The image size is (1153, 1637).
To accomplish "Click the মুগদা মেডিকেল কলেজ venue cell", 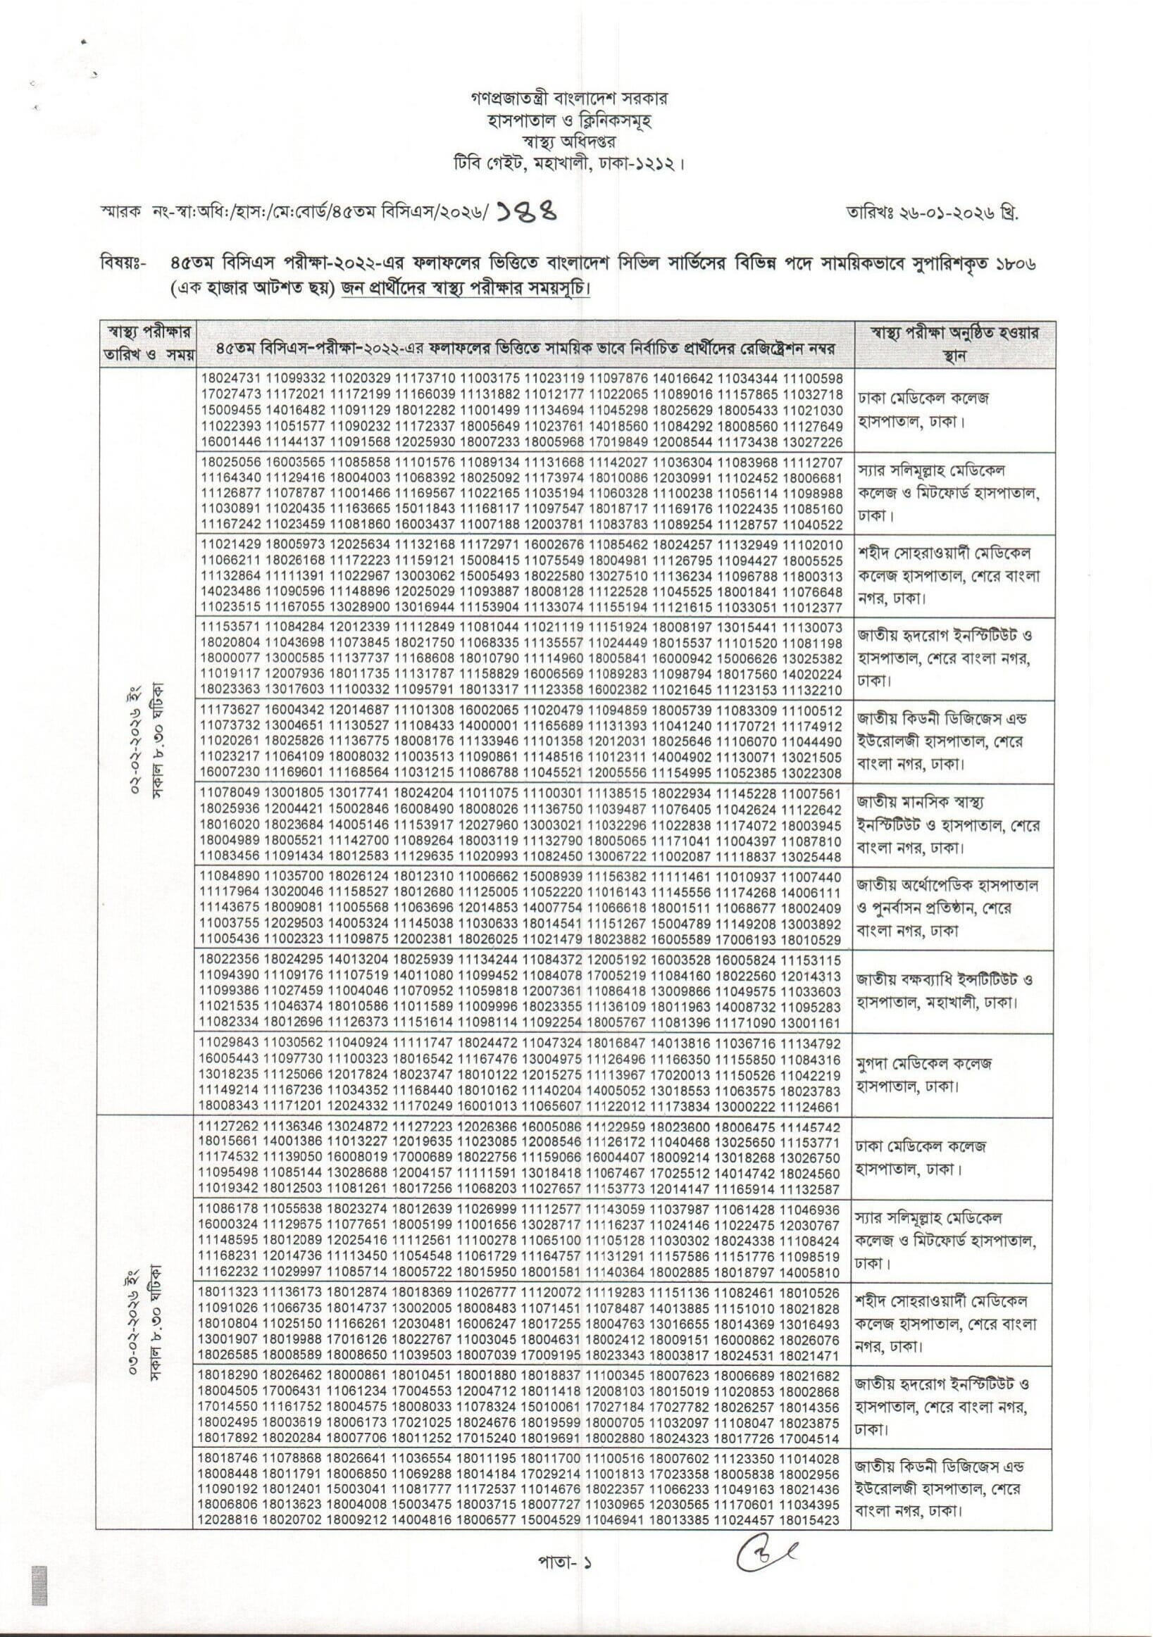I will (924, 1074).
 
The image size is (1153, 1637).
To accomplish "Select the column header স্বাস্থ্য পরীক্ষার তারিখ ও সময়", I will (148, 344).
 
